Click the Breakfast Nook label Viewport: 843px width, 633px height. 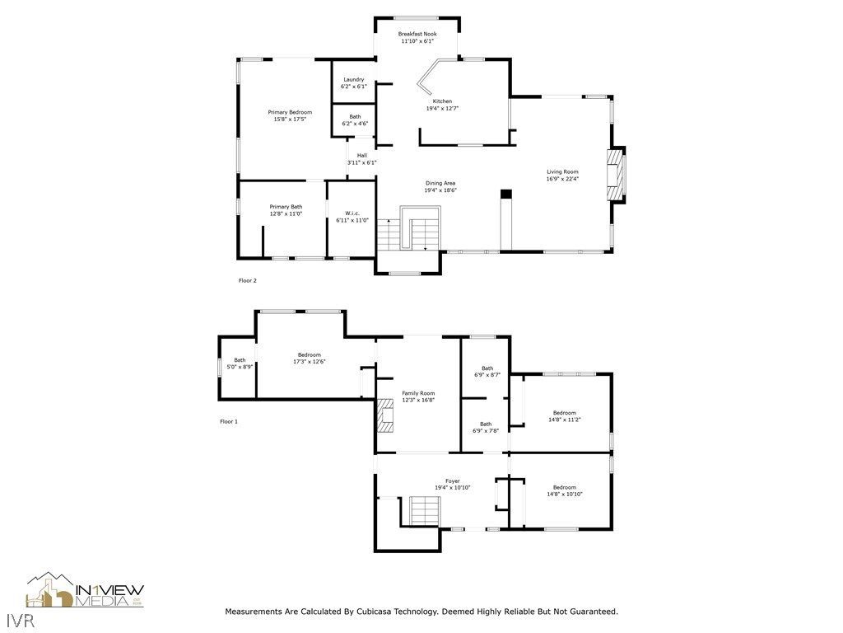[x=417, y=34]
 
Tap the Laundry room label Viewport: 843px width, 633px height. [x=354, y=80]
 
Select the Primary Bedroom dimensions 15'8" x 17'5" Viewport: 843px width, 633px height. [x=290, y=120]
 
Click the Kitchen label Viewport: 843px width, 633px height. [x=442, y=101]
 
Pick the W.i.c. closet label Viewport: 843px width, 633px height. [x=352, y=213]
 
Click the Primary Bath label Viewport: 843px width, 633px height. [x=286, y=207]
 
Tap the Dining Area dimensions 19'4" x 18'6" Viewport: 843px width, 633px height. [x=440, y=190]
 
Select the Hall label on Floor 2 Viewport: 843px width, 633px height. [x=362, y=156]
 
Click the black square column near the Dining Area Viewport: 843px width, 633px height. [x=506, y=195]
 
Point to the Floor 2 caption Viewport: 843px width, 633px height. [x=247, y=280]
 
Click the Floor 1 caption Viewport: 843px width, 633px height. [x=229, y=421]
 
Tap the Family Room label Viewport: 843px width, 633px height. [x=418, y=393]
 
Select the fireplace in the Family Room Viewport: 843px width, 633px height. [x=385, y=415]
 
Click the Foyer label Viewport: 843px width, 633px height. [x=453, y=481]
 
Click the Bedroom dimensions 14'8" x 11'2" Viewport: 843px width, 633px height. [x=565, y=420]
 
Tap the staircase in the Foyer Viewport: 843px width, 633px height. [x=426, y=510]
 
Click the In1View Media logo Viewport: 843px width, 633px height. [x=85, y=590]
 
